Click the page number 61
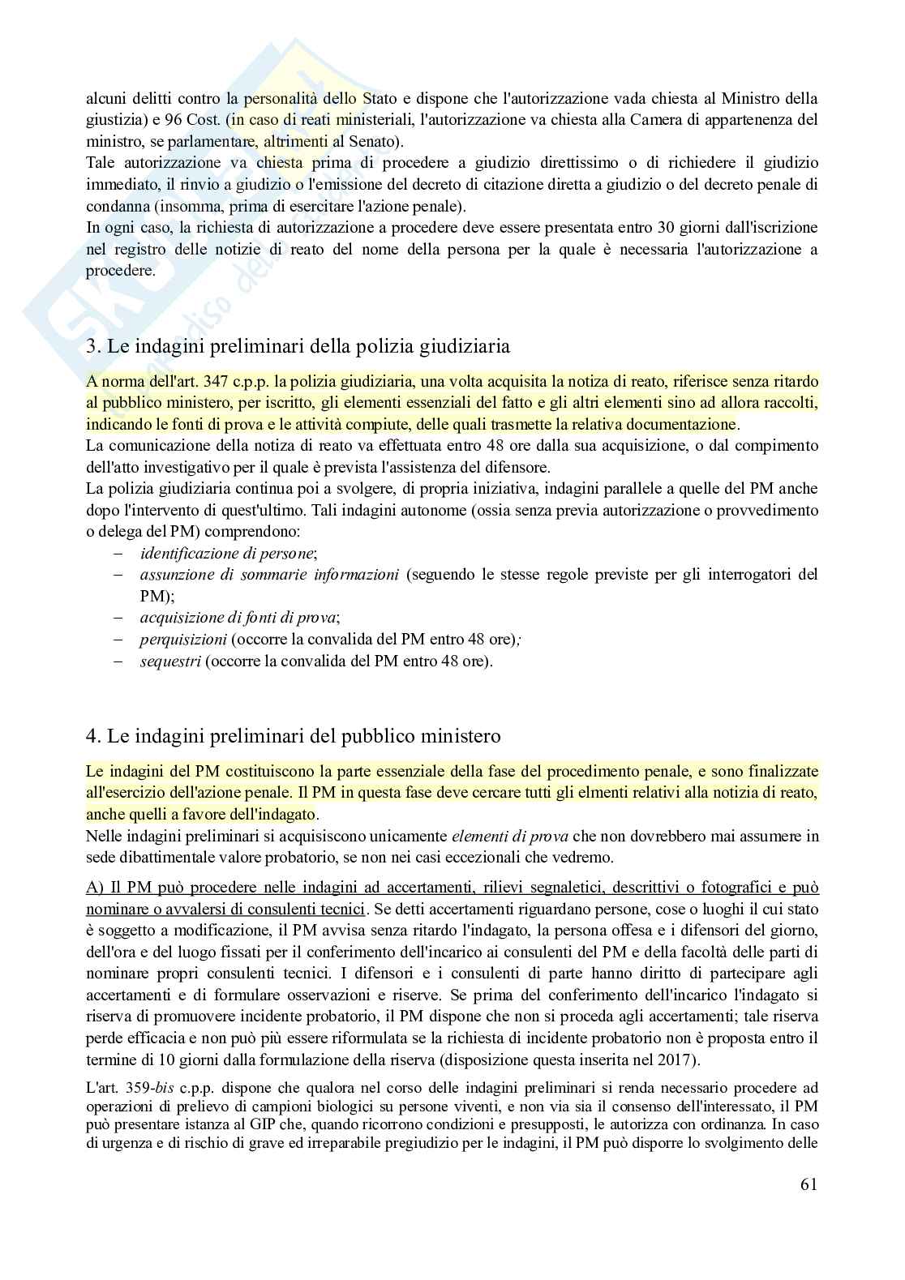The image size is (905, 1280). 808,1184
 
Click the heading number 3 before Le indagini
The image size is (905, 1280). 91,346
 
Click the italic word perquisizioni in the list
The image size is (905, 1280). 183,639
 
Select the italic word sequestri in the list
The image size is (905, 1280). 169,661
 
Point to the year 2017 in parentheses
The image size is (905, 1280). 676,1059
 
